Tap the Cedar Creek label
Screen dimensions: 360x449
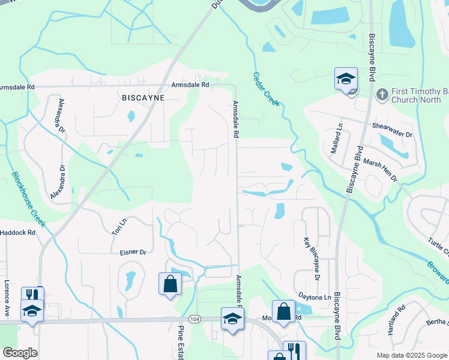pos(265,89)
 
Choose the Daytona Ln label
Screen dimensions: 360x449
pos(315,297)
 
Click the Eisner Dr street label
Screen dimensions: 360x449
pos(133,253)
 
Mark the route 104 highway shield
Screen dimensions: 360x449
pos(194,318)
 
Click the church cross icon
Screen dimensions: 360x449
pos(381,94)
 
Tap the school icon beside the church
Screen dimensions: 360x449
pos(346,79)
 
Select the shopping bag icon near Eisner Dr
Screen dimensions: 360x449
pos(170,283)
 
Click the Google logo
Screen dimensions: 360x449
pos(20,353)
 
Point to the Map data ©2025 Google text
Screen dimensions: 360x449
pos(412,355)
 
